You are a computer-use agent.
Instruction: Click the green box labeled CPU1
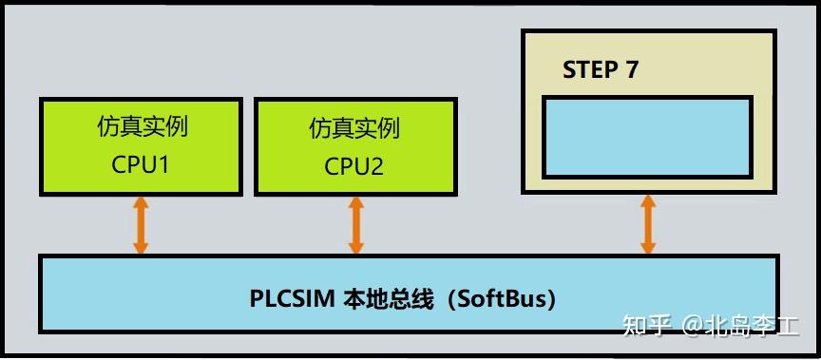(x=140, y=144)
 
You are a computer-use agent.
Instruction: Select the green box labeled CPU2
(x=355, y=146)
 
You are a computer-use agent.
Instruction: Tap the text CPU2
(x=354, y=166)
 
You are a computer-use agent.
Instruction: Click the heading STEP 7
(x=600, y=70)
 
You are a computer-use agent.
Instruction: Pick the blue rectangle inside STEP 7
(x=647, y=137)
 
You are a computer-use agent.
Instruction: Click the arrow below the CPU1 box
(x=141, y=225)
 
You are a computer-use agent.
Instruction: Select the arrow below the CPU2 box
(x=356, y=226)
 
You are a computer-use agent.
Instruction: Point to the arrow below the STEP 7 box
(x=648, y=224)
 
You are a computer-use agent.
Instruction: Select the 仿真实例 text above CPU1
(x=141, y=126)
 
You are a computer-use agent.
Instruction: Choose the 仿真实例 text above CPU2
(x=354, y=128)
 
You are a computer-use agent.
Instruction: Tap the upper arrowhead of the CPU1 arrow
(x=141, y=203)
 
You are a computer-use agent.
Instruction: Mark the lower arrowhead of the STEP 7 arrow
(x=648, y=247)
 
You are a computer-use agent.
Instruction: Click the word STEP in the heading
(x=587, y=70)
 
